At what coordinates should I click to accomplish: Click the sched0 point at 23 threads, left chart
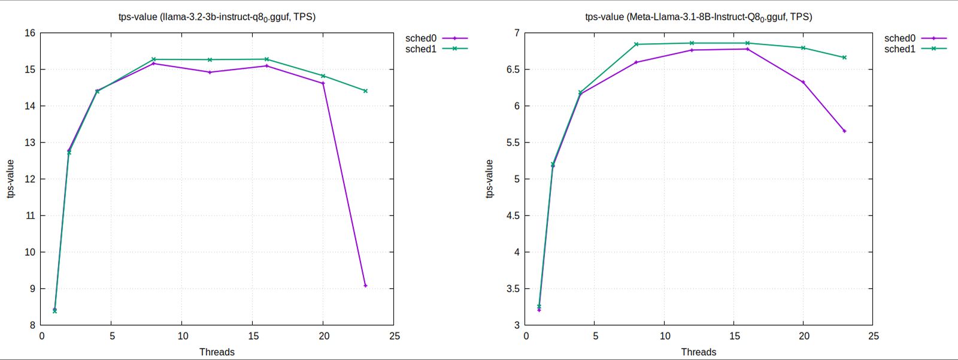pyautogui.click(x=365, y=286)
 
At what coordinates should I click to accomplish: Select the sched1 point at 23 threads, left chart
pyautogui.click(x=365, y=91)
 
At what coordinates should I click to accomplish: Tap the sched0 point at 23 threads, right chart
pyautogui.click(x=844, y=131)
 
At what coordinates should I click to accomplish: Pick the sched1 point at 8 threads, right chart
pyautogui.click(x=636, y=44)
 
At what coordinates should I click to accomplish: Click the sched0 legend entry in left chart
pyautogui.click(x=435, y=38)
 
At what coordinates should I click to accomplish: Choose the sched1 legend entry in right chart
pyautogui.click(x=914, y=49)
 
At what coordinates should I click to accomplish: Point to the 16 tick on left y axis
pyautogui.click(x=30, y=33)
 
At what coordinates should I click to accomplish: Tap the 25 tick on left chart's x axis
pyautogui.click(x=394, y=336)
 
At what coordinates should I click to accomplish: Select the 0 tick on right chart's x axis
pyautogui.click(x=526, y=336)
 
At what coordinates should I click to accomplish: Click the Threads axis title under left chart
pyautogui.click(x=217, y=352)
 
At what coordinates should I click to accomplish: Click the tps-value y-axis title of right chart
pyautogui.click(x=489, y=179)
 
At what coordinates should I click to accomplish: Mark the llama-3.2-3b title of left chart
pyautogui.click(x=217, y=17)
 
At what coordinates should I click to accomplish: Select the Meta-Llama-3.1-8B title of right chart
pyautogui.click(x=698, y=17)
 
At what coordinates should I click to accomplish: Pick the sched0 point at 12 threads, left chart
pyautogui.click(x=210, y=72)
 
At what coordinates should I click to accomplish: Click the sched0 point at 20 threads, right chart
pyautogui.click(x=803, y=82)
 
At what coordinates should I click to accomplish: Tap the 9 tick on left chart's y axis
pyautogui.click(x=33, y=289)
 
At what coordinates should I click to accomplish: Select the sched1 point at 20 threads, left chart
pyautogui.click(x=323, y=76)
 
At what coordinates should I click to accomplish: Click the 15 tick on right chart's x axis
pyautogui.click(x=734, y=336)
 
